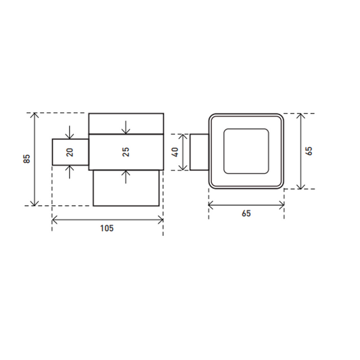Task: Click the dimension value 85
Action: (x=27, y=159)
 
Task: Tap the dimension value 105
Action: (x=107, y=228)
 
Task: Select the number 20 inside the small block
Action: (x=70, y=152)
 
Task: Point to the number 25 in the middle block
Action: (x=126, y=152)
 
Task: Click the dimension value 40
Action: (x=175, y=152)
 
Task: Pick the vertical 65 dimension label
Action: (x=309, y=151)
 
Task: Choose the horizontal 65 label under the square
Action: (x=246, y=214)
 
